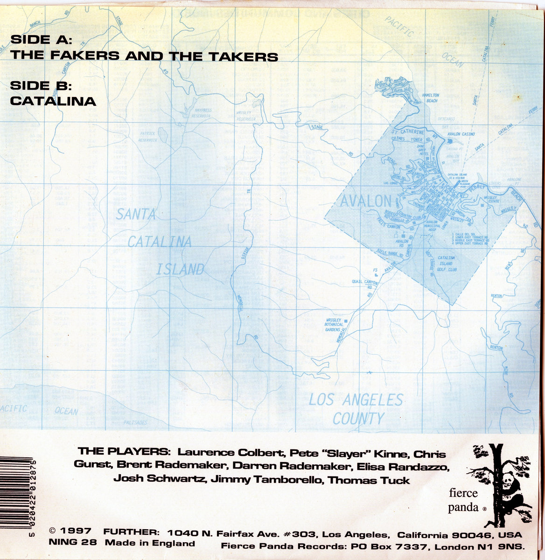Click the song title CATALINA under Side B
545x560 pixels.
pos(53,101)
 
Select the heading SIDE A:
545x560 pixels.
pos(40,39)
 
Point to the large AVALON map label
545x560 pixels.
pos(365,201)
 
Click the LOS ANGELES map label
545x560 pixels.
pos(356,400)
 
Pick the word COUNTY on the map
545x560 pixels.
pos(358,419)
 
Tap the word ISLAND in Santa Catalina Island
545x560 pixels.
pos(180,269)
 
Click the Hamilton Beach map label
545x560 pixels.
pos(430,98)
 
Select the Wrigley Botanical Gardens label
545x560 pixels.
pos(334,324)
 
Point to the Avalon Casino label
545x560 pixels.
pos(461,134)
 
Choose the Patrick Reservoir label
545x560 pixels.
pos(147,136)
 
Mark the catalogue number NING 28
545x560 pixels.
pos(72,543)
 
